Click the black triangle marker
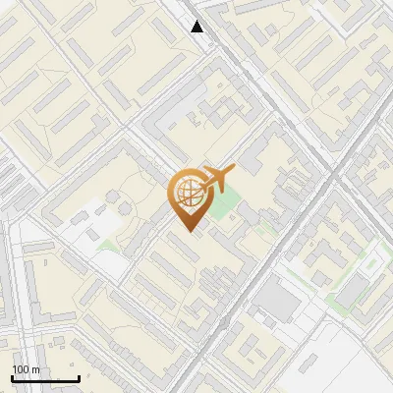(197, 27)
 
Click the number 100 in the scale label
(22, 369)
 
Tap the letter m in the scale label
(35, 369)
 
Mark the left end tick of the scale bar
(12, 378)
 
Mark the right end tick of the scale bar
(79, 378)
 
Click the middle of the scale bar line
(45, 379)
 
